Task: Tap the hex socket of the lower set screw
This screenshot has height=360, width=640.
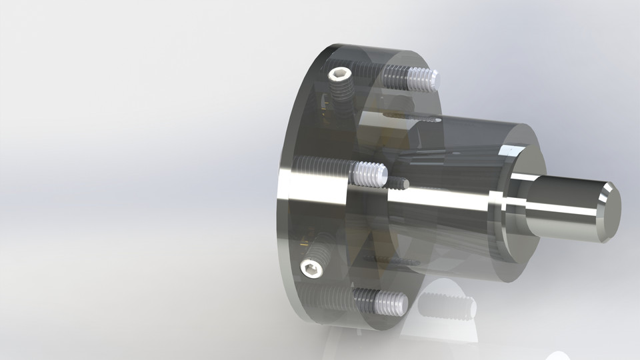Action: [311, 269]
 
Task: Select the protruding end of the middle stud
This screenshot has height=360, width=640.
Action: [368, 175]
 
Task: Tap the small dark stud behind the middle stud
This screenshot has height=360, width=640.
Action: [398, 182]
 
